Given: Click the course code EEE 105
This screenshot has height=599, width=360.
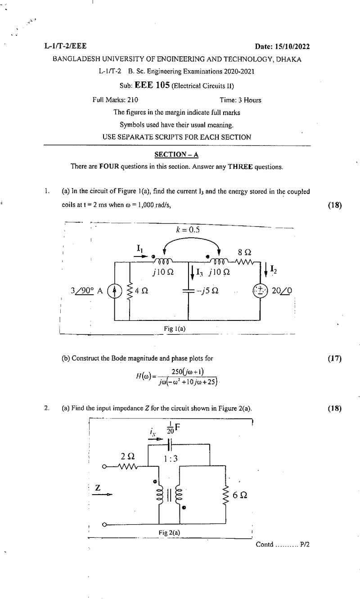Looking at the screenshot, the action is tap(152, 85).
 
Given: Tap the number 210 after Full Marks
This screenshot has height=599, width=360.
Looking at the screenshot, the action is tap(133, 100).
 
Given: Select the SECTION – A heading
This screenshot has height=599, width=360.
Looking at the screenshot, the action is tap(176, 154).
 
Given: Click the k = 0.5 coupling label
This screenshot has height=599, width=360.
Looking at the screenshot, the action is tap(188, 230).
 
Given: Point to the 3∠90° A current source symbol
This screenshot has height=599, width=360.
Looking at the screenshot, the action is tap(114, 291).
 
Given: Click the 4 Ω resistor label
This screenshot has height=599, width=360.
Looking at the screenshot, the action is tap(141, 291).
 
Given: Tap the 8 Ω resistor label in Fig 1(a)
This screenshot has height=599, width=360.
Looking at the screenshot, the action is tap(244, 252).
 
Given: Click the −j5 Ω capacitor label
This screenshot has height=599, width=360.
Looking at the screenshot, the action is tap(207, 291).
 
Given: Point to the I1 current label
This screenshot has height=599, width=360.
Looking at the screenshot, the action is tap(140, 248).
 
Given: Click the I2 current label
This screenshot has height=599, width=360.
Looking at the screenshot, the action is tap(274, 269).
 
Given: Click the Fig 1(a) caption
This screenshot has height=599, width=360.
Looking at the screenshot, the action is tap(175, 329).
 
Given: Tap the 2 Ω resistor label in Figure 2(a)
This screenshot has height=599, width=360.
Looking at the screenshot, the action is tap(128, 456).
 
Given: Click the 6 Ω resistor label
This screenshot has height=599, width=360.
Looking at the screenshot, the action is tap(240, 495).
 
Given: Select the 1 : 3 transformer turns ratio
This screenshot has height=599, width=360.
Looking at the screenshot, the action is tap(171, 459).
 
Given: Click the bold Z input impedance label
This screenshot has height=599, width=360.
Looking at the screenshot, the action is tap(98, 488).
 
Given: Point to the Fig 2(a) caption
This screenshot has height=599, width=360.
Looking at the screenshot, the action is tap(169, 533).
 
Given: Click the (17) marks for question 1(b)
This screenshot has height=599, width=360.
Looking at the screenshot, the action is tap(335, 358).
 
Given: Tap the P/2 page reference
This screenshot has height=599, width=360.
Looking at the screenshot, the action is tap(305, 544).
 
